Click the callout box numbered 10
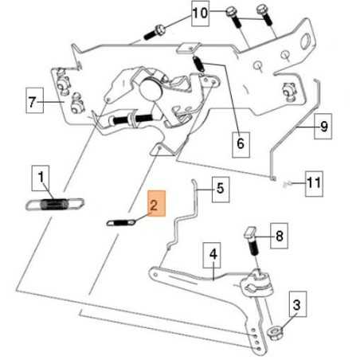200,14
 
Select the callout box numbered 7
35,100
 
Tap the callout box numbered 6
241,145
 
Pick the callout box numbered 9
323,127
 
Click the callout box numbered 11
314,184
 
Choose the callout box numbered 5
221,190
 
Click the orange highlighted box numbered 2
157,204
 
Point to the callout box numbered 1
41,178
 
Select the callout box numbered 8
279,236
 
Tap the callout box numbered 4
212,255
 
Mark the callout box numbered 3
298,304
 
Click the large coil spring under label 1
54,204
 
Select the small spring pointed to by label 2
121,222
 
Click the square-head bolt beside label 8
252,241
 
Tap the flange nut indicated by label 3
275,333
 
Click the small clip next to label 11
286,184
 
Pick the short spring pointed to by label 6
198,64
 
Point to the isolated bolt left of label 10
155,32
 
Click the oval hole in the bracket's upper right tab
307,41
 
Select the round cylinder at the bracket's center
151,89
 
